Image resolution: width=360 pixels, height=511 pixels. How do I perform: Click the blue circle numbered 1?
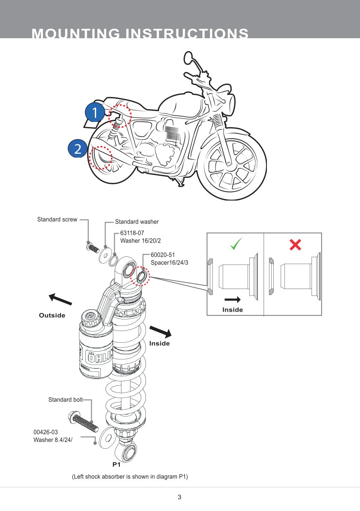click(x=94, y=113)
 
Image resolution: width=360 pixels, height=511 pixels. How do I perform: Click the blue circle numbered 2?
click(x=78, y=149)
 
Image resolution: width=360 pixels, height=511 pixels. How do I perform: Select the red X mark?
click(x=295, y=245)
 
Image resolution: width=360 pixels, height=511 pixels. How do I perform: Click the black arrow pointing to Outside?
click(x=60, y=299)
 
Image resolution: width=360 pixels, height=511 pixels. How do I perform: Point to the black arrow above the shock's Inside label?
click(x=160, y=330)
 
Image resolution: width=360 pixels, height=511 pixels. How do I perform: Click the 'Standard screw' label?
click(x=57, y=219)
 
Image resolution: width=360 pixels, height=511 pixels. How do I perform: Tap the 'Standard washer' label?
click(x=136, y=222)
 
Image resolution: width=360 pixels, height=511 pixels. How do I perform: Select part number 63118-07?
click(x=132, y=233)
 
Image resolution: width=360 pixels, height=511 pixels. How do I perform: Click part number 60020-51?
click(x=163, y=255)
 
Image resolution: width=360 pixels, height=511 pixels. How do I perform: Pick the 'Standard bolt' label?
click(x=65, y=400)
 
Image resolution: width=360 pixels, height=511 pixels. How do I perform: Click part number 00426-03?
click(x=45, y=432)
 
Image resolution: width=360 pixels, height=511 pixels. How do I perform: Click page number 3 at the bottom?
click(x=179, y=497)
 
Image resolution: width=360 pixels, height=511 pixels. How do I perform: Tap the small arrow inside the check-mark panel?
click(x=233, y=300)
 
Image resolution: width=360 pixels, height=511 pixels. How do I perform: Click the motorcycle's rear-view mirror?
click(x=189, y=58)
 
